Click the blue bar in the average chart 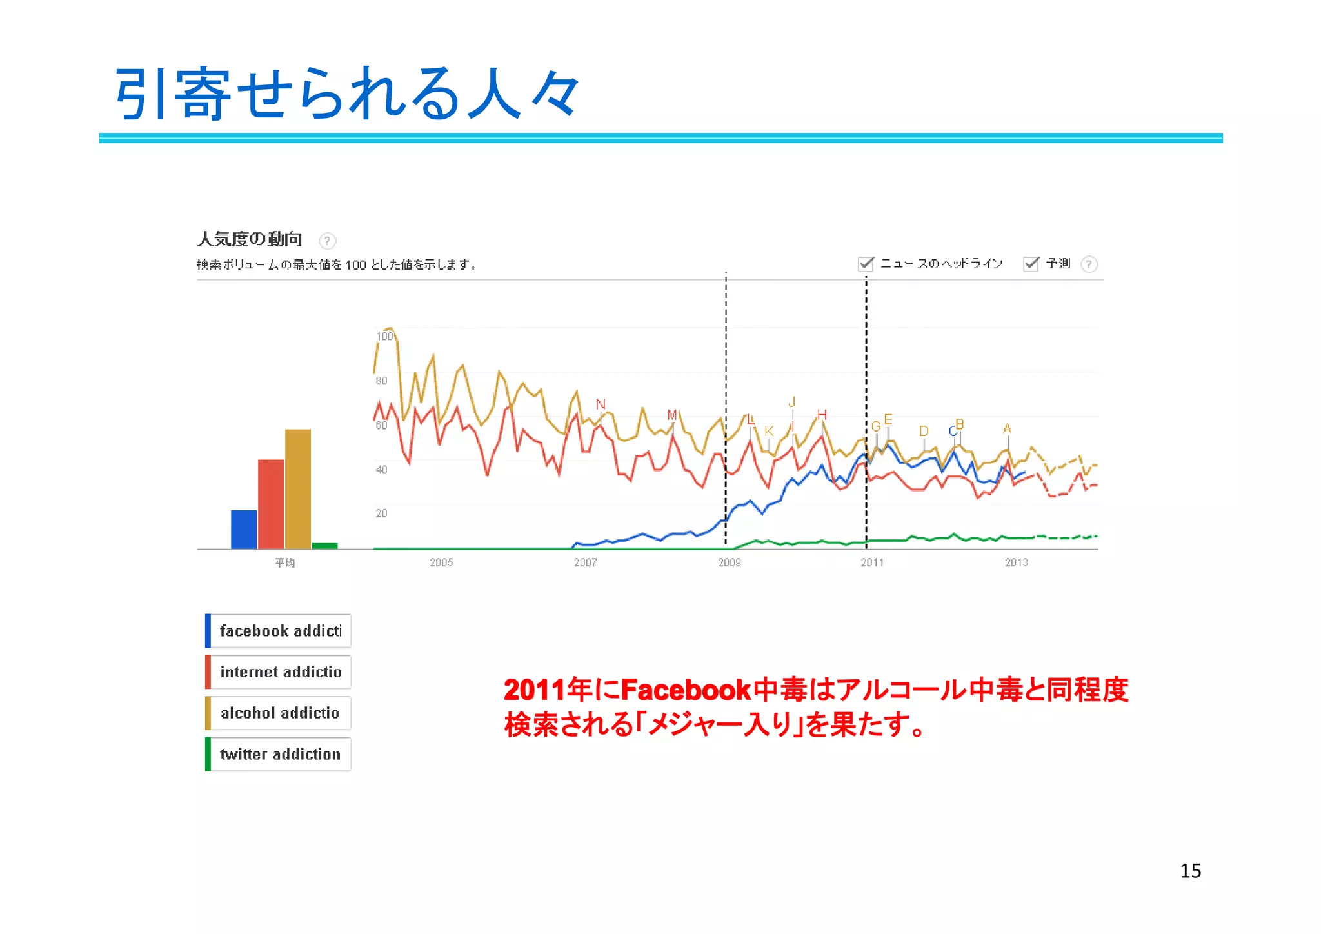point(244,530)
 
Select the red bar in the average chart point(271,504)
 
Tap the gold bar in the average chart point(298,489)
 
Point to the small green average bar point(324,546)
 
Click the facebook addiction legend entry point(279,631)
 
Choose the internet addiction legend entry point(279,672)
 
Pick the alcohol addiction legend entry point(279,713)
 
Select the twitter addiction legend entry point(279,754)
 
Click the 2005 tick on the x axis point(441,562)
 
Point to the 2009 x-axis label point(730,562)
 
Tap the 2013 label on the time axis point(1016,562)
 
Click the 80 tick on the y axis point(382,381)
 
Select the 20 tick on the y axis point(382,513)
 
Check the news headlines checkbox point(866,264)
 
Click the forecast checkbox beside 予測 point(1031,264)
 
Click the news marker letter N point(601,404)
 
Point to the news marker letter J point(792,402)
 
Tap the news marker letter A point(1008,429)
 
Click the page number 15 point(1190,871)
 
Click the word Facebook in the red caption point(686,690)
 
